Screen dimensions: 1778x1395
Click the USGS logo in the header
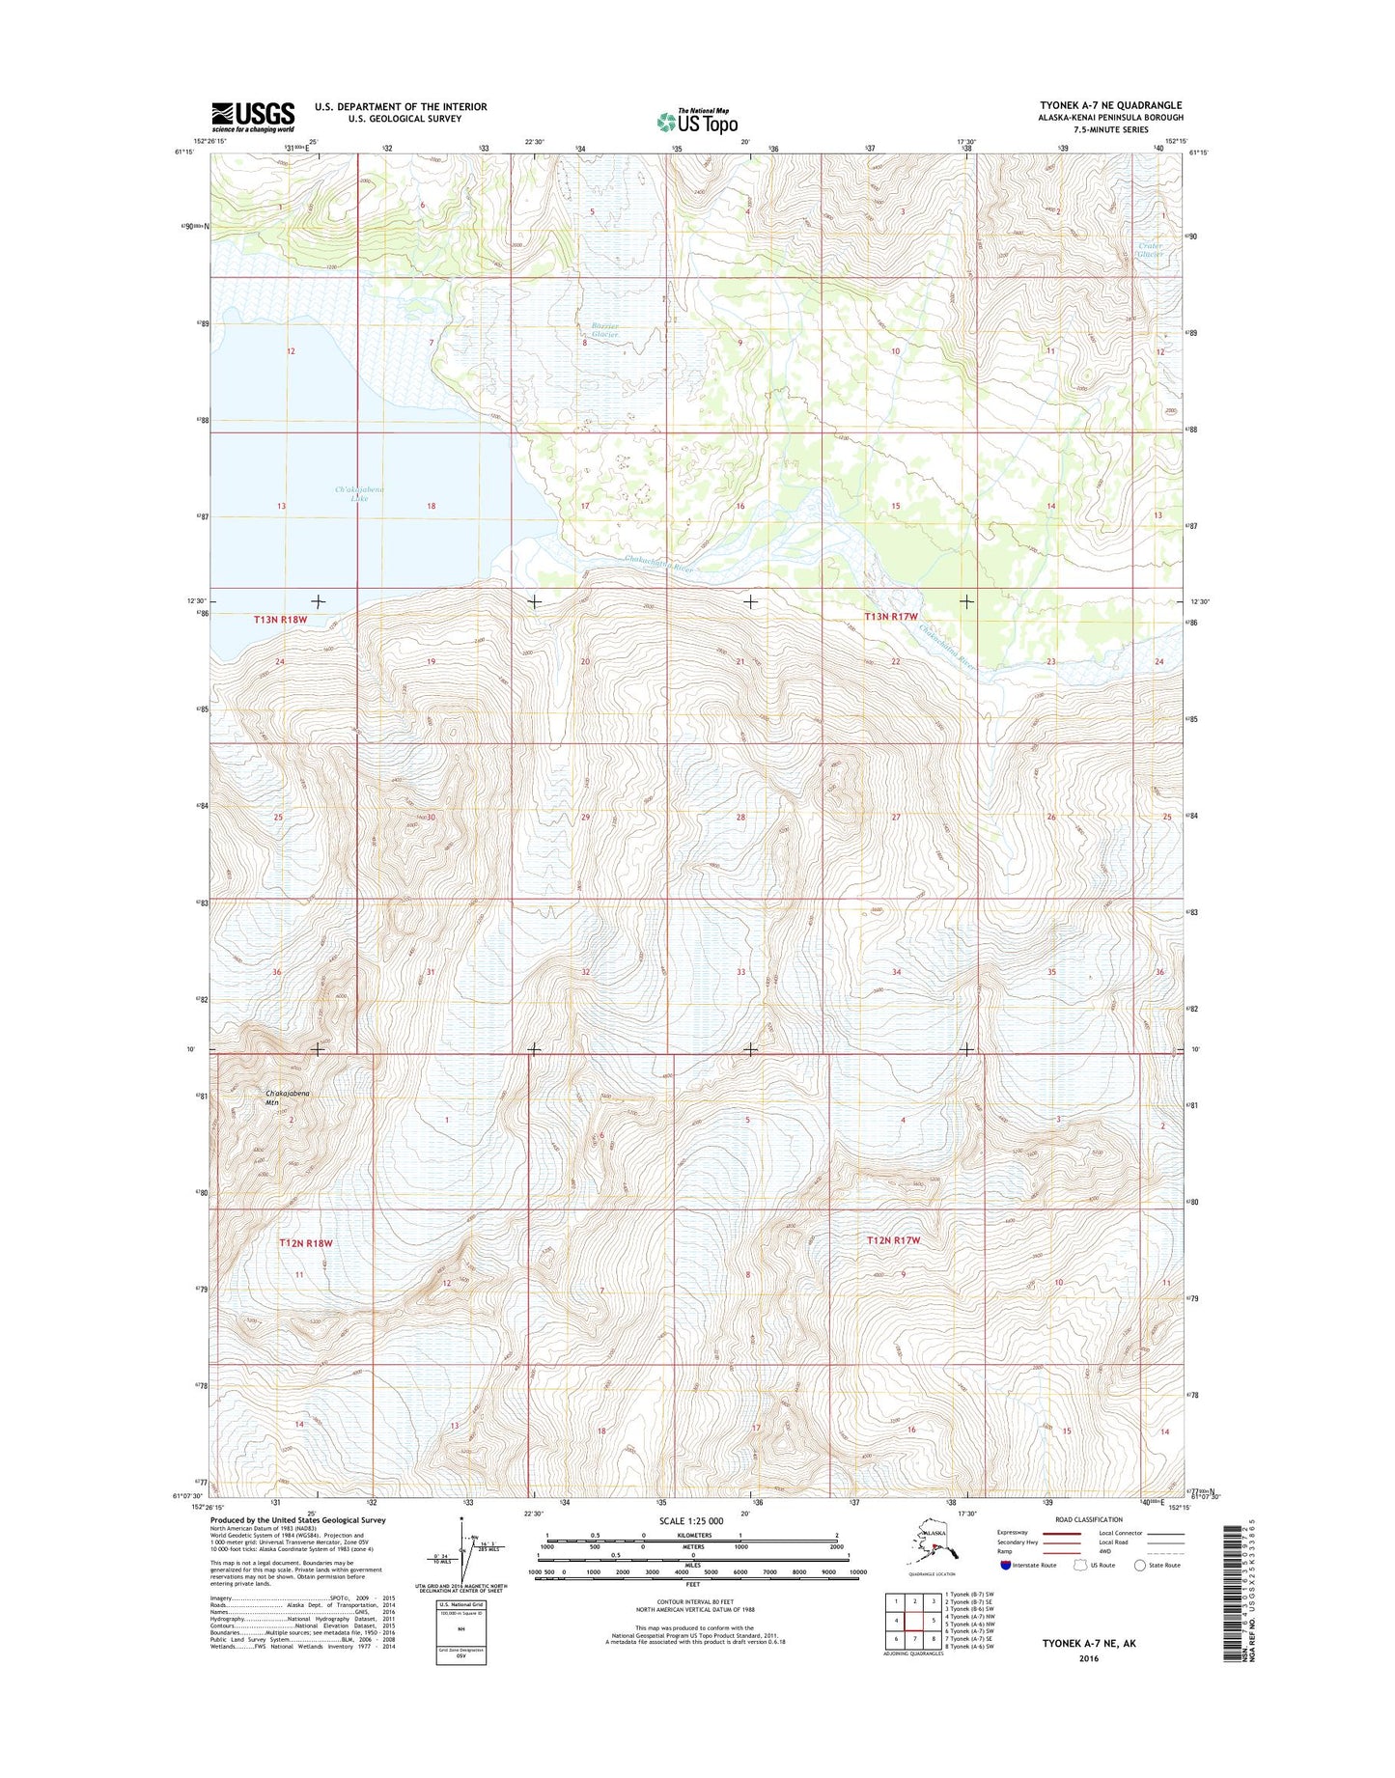[x=253, y=117]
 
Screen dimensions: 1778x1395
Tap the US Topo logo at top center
[x=697, y=121]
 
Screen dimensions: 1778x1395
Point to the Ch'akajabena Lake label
[x=359, y=494]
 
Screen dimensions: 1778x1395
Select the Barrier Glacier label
[x=599, y=330]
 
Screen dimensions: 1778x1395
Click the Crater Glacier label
[x=1150, y=250]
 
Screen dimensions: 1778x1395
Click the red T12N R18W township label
[x=305, y=1243]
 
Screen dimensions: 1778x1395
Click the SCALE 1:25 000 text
[x=690, y=1521]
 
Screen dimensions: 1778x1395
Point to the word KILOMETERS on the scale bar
[x=692, y=1535]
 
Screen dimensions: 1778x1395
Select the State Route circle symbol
[x=1140, y=1565]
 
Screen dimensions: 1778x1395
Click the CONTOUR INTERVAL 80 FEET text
[x=692, y=1601]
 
